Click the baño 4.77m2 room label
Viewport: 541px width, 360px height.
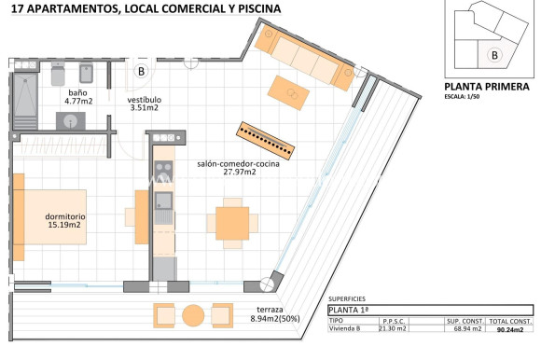click(x=78, y=98)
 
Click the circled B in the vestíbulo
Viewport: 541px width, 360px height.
click(x=142, y=70)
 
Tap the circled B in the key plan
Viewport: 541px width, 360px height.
click(x=493, y=54)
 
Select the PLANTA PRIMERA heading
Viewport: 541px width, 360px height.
click(x=486, y=87)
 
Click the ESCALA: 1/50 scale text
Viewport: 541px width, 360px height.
click(x=465, y=97)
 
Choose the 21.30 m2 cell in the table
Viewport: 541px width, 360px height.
click(x=393, y=328)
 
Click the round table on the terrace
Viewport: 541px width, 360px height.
click(x=193, y=313)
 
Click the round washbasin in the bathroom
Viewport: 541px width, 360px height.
click(x=69, y=120)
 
